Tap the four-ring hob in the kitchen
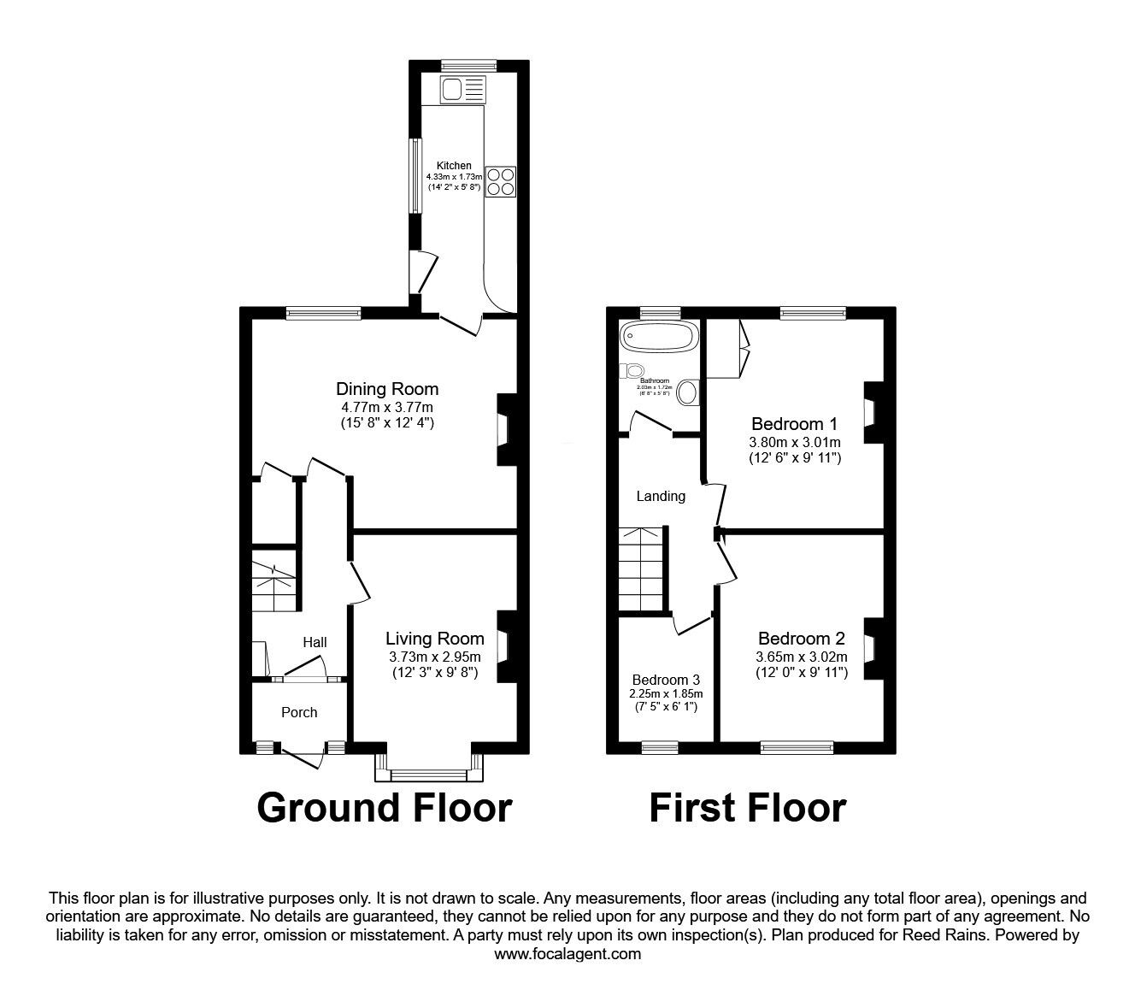tap(501, 181)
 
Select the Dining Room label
tap(386, 389)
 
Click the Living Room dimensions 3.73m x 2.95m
tap(434, 657)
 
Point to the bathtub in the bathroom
tap(657, 335)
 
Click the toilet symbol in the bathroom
tap(632, 370)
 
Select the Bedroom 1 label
tap(794, 423)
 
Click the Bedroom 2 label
tap(801, 638)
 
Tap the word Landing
tap(661, 496)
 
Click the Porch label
tap(299, 712)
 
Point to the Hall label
tap(315, 642)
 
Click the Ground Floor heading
tap(385, 807)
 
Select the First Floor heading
tap(748, 807)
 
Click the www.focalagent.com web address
tap(567, 954)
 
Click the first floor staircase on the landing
tap(641, 569)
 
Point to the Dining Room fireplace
tap(506, 429)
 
